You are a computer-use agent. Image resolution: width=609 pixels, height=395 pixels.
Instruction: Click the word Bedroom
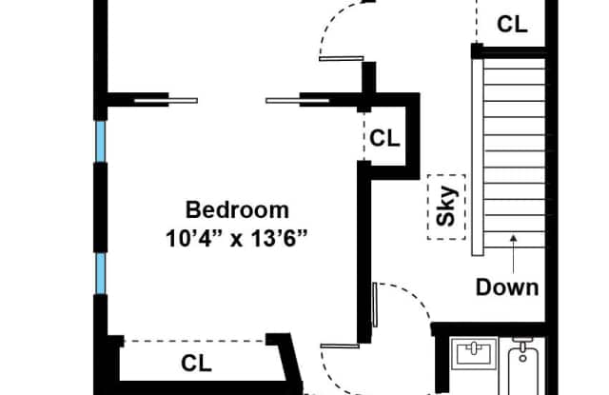tap(237, 209)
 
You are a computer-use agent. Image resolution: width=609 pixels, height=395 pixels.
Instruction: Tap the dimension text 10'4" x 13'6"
tap(237, 239)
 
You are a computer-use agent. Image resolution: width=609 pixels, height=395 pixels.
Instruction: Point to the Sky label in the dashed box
tap(446, 207)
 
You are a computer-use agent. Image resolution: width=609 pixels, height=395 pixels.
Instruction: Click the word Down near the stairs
tap(507, 287)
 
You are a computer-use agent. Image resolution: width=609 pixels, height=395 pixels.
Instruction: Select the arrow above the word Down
tap(514, 254)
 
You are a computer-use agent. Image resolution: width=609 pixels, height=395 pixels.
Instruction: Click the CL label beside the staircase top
tap(512, 24)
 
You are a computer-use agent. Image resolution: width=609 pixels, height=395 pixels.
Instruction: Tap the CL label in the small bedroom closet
tap(384, 138)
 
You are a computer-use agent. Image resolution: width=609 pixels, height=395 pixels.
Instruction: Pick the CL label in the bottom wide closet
tap(196, 364)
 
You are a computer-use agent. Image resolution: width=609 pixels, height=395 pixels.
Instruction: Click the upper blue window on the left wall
tap(101, 141)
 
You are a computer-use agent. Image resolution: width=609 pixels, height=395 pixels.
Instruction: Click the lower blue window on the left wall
tap(101, 273)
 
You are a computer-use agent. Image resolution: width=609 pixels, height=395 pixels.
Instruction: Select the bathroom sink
tap(474, 353)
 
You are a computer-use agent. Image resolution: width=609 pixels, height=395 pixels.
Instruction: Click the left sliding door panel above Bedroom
tap(166, 101)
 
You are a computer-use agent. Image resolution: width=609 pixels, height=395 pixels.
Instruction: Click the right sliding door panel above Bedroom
tap(298, 101)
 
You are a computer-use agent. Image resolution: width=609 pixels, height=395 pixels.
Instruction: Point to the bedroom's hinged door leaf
tap(375, 305)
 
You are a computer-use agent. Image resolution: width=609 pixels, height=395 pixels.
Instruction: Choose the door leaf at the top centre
tap(342, 59)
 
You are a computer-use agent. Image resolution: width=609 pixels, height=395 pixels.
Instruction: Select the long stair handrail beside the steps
tap(478, 156)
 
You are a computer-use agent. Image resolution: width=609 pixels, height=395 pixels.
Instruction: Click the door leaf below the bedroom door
tap(340, 346)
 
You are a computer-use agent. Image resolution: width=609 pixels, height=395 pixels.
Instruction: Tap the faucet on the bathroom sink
tap(474, 348)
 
